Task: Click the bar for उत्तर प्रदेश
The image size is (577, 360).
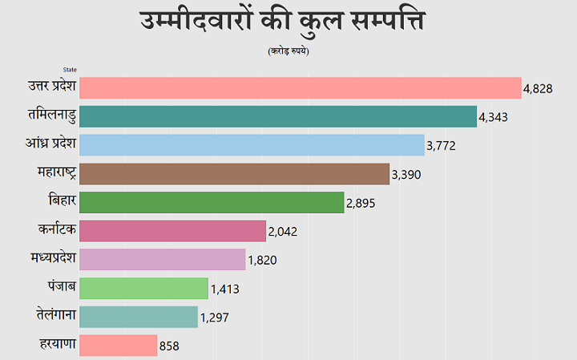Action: (301, 87)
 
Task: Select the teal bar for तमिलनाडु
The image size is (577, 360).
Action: (278, 116)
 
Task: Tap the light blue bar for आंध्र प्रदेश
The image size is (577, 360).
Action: (252, 145)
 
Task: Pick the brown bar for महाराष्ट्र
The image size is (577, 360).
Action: (234, 174)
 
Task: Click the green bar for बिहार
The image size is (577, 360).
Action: (212, 202)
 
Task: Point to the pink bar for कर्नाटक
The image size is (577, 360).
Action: (172, 231)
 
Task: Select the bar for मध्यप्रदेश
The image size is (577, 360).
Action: (163, 260)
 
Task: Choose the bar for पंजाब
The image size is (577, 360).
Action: (144, 288)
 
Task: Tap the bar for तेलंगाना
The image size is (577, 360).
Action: (139, 317)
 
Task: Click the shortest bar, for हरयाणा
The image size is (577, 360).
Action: (119, 346)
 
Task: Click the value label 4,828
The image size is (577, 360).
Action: (538, 88)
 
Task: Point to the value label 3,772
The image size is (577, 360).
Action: (441, 146)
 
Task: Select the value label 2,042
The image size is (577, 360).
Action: (283, 232)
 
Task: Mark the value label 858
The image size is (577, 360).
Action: (169, 346)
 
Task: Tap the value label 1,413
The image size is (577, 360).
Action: (225, 289)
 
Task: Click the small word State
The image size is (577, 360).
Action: (70, 70)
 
